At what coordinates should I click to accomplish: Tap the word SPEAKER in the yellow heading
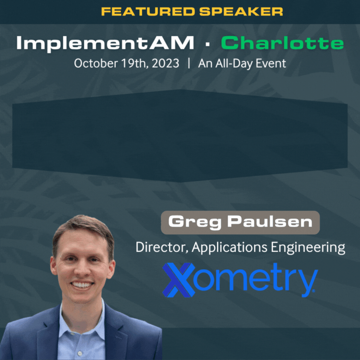[x=241, y=12]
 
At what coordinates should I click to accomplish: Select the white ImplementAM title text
[x=105, y=43]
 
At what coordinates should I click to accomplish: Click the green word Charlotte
[x=282, y=43]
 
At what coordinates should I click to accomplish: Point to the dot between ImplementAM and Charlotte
[x=207, y=44]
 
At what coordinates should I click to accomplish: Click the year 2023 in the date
[x=165, y=63]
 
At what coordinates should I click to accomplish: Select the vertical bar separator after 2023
[x=189, y=63]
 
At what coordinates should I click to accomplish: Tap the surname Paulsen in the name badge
[x=270, y=222]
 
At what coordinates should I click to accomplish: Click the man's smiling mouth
[x=82, y=285]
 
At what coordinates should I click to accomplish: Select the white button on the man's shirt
[x=80, y=353]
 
